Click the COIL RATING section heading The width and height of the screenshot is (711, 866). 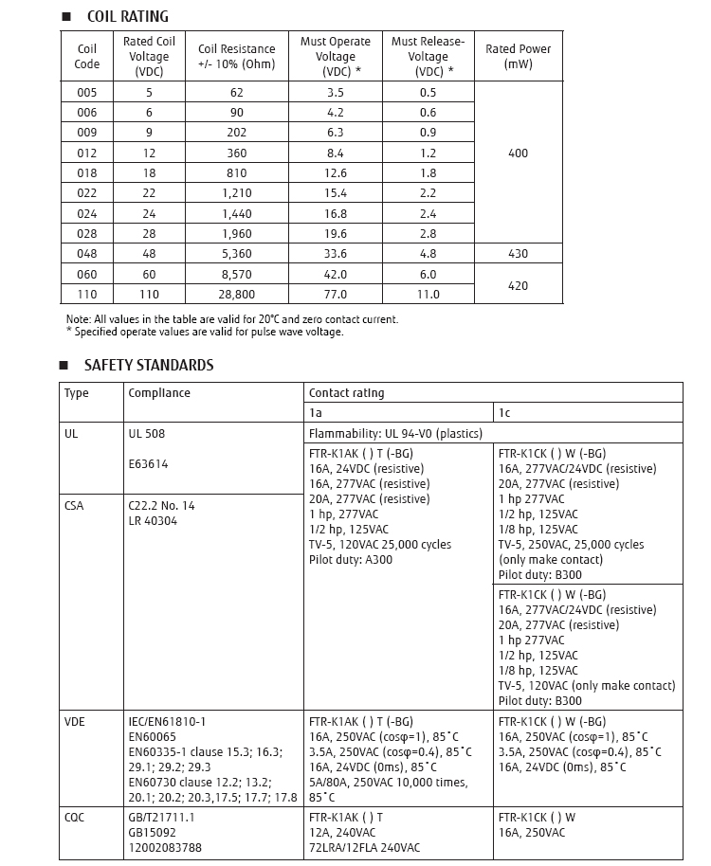tap(127, 16)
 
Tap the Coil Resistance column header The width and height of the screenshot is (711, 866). tap(237, 56)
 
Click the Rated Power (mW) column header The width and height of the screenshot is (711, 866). tap(518, 56)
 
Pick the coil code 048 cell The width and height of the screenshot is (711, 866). tap(86, 254)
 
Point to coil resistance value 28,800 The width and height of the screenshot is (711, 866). tap(237, 295)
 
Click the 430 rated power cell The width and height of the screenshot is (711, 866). tap(518, 254)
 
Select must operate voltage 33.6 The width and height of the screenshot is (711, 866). tap(336, 254)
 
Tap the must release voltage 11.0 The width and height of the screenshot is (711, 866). tap(428, 295)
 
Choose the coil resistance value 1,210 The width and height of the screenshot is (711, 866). tap(237, 193)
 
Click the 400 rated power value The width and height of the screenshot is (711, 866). tap(518, 153)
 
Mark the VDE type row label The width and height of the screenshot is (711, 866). tap(75, 722)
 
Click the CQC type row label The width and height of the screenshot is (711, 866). tap(76, 817)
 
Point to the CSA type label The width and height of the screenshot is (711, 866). tap(74, 506)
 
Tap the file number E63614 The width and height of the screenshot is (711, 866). tap(148, 464)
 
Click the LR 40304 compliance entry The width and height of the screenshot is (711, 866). tap(155, 521)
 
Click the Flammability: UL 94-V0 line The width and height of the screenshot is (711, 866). tap(395, 434)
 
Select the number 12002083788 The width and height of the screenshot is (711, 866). tap(165, 847)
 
